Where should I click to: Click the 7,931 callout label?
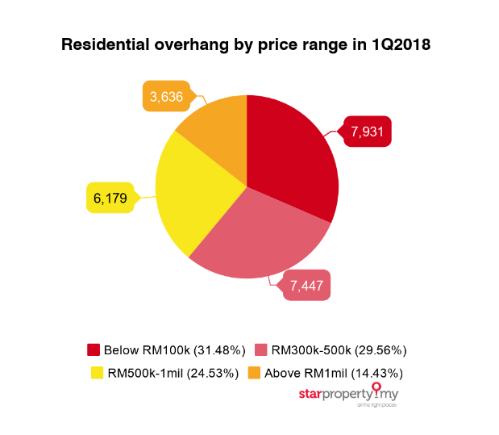tap(368, 132)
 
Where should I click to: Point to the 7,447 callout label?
tap(306, 286)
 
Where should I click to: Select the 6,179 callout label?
tap(110, 198)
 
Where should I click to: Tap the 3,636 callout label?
tap(167, 97)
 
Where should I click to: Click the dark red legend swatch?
tap(94, 350)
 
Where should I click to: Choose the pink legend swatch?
tap(261, 350)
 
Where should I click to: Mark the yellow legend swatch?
tap(97, 373)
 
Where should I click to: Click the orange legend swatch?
tap(253, 373)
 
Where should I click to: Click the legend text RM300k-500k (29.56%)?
tap(339, 350)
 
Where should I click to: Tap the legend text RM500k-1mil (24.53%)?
tap(173, 373)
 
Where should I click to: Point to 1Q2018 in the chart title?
tap(401, 46)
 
